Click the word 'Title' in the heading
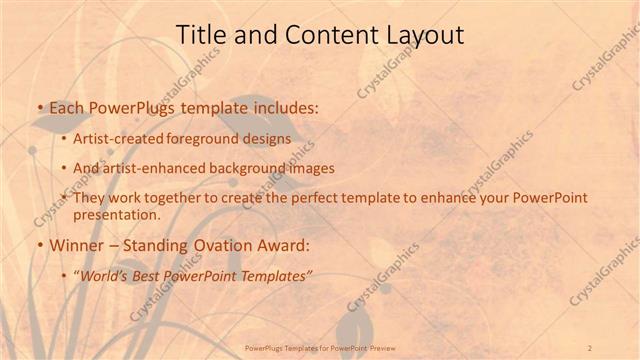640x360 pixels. tap(200, 35)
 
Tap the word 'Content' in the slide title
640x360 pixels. tap(321, 35)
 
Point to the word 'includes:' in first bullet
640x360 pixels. tap(286, 107)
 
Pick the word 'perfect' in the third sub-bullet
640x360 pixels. tap(333, 198)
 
